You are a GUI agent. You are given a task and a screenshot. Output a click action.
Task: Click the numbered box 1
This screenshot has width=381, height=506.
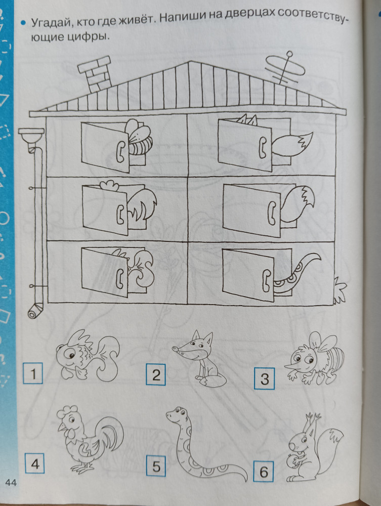33,373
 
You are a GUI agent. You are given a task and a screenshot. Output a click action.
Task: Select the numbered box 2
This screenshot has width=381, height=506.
156,374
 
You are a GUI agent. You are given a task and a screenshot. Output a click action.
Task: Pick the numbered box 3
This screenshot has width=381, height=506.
264,378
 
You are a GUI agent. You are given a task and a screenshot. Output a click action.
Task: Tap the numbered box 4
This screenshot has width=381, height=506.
34,463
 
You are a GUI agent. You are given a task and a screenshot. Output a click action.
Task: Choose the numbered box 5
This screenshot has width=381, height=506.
156,466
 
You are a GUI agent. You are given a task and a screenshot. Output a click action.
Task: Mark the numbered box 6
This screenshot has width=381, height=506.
264,472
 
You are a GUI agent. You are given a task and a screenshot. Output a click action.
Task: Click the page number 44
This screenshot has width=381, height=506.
11,483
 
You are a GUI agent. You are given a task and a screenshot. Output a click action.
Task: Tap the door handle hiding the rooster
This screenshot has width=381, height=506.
120,214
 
